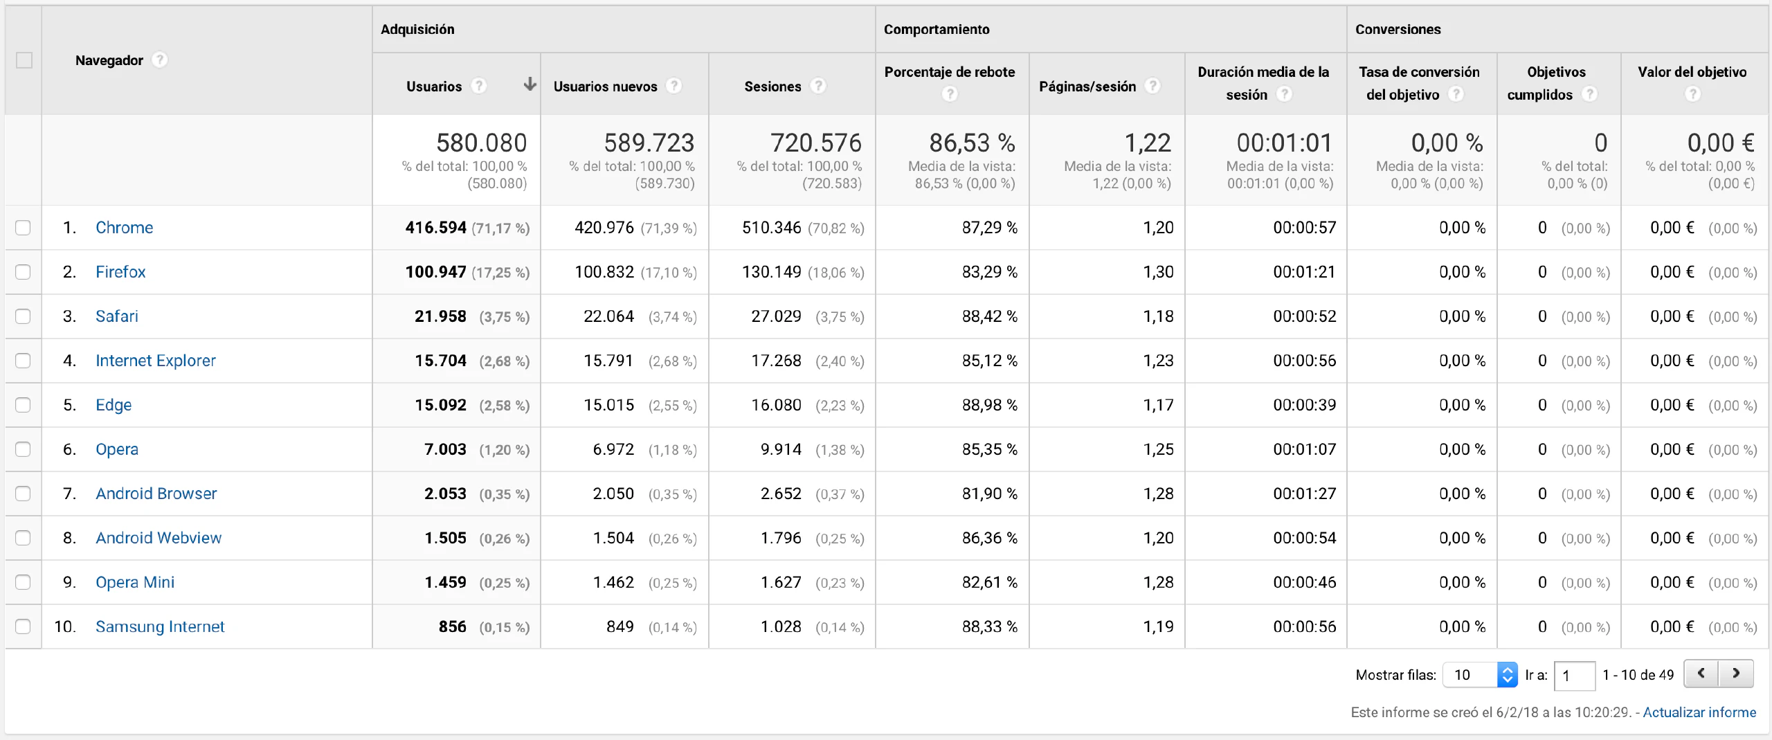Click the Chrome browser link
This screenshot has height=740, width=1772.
[x=124, y=228]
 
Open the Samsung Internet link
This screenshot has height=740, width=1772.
[x=160, y=626]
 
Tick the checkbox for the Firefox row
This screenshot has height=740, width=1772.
[x=23, y=272]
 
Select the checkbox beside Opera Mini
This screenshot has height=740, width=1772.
[x=23, y=582]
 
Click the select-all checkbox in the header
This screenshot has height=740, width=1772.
[x=24, y=60]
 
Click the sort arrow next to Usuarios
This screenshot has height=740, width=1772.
[x=530, y=84]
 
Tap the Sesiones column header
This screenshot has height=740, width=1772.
[x=772, y=87]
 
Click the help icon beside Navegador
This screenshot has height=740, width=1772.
[x=160, y=60]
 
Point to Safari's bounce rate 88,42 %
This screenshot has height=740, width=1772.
[x=989, y=316]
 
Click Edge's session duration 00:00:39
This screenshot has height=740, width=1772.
[x=1304, y=405]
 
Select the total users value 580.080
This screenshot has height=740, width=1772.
[x=481, y=143]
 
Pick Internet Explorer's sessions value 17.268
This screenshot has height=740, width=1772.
[x=776, y=361]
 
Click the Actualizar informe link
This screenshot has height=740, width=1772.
[x=1699, y=712]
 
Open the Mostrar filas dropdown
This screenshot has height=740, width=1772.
[x=1480, y=675]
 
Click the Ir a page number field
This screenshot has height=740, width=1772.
[x=1574, y=676]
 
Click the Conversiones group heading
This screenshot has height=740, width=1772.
[x=1398, y=30]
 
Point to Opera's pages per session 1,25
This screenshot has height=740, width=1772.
[x=1158, y=449]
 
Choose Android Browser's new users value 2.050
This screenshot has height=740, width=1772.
[x=613, y=494]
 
